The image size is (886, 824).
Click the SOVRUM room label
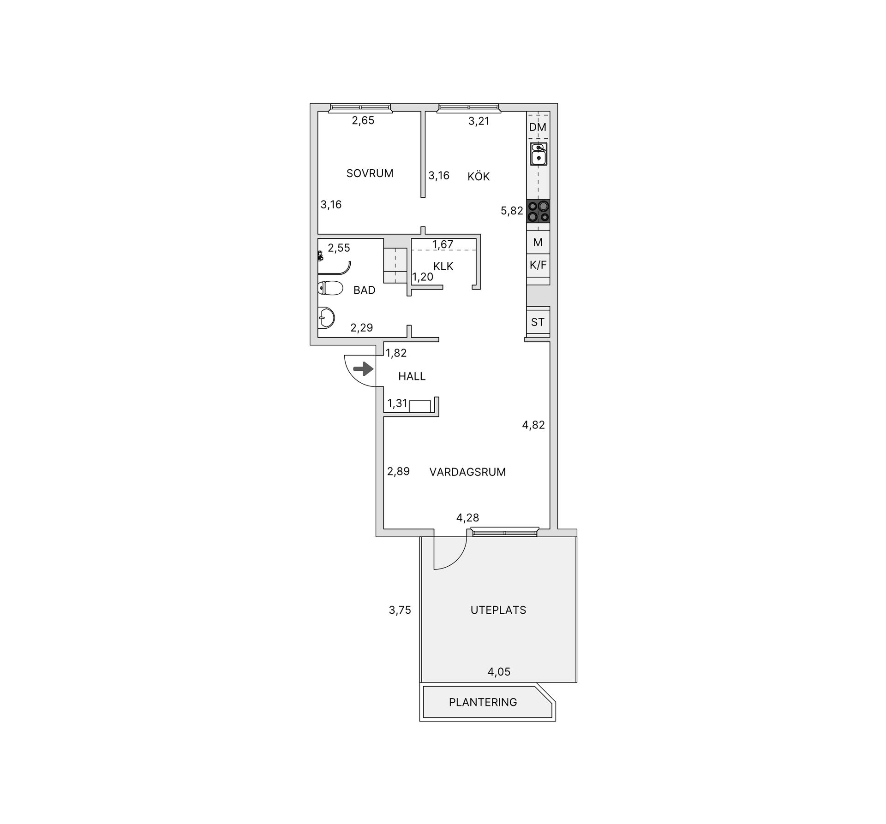point(370,173)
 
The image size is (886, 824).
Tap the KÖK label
point(478,176)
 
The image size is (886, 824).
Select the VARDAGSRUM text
point(467,472)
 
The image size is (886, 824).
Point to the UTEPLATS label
point(498,610)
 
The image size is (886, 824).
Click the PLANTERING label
point(483,702)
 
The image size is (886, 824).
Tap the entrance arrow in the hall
point(363,369)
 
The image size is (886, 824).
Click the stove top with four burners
point(538,211)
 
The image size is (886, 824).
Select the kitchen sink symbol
point(538,154)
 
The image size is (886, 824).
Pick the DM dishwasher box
point(538,126)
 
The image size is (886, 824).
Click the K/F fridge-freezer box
point(538,266)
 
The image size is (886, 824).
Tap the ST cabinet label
point(538,322)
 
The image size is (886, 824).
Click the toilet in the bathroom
point(330,288)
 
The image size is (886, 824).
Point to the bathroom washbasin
point(326,317)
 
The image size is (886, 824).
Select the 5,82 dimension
point(512,211)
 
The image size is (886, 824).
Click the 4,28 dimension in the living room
point(467,518)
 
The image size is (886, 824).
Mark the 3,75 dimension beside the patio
point(400,610)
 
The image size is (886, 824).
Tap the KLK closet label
point(443,266)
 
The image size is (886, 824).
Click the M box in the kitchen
point(538,242)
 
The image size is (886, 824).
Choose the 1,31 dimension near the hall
point(397,403)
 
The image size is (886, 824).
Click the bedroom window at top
point(360,108)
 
